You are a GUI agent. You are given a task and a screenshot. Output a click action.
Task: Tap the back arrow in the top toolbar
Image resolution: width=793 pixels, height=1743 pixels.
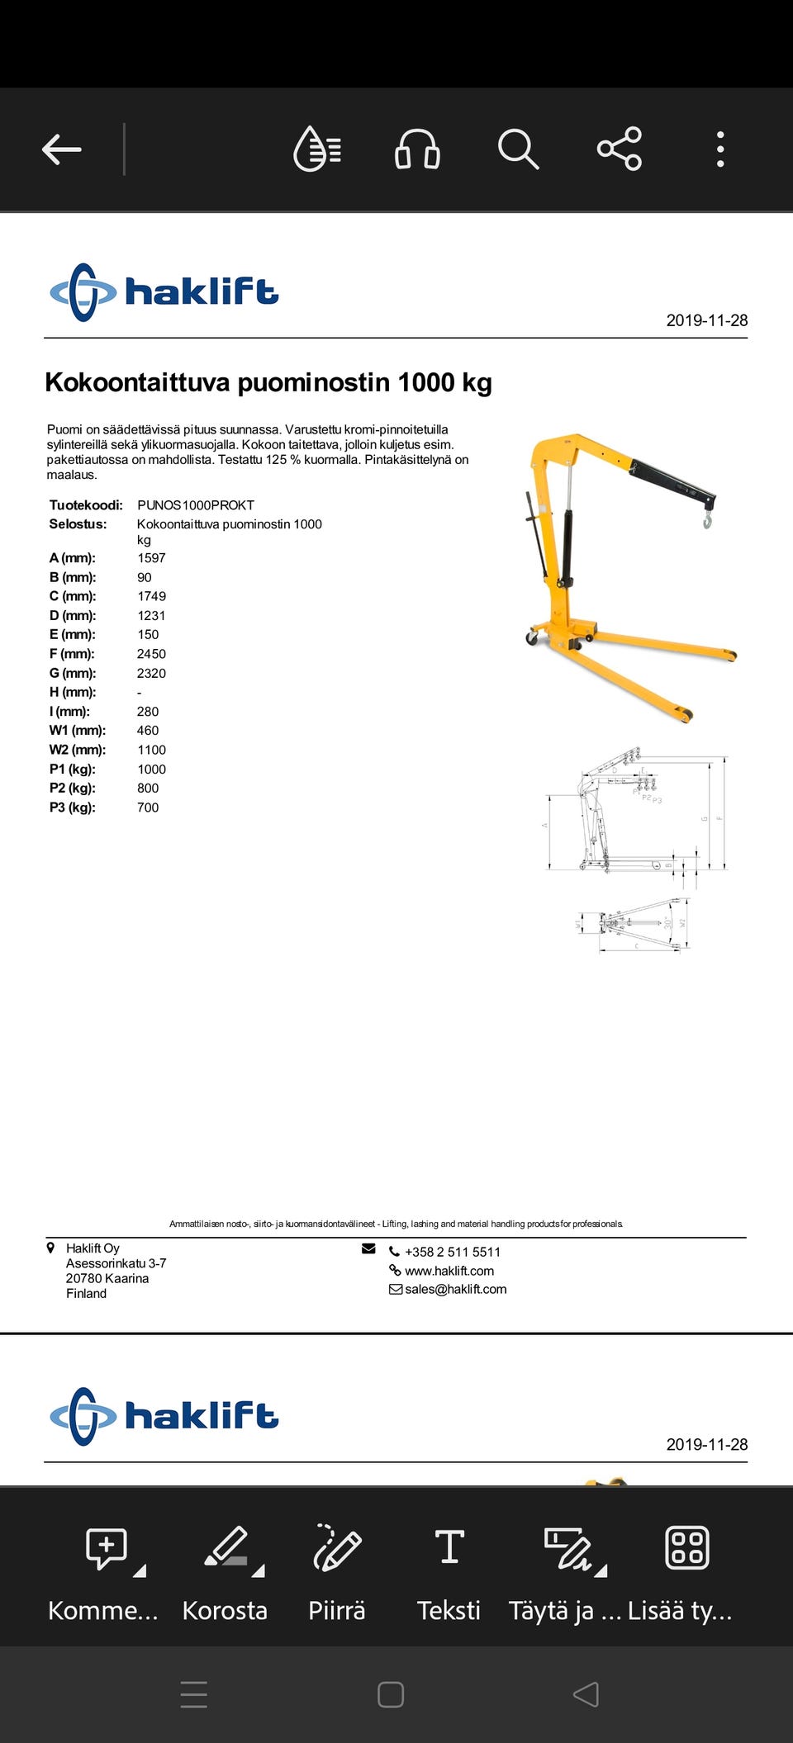[x=62, y=149]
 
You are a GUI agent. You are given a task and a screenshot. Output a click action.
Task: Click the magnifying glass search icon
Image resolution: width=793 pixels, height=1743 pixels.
[x=518, y=149]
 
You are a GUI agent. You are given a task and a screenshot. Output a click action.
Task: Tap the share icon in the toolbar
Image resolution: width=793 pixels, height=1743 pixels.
[x=620, y=149]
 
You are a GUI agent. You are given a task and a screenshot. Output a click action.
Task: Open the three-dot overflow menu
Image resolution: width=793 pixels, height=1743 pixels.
[x=720, y=149]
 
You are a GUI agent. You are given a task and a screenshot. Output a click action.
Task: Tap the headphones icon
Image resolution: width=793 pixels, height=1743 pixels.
[x=417, y=149]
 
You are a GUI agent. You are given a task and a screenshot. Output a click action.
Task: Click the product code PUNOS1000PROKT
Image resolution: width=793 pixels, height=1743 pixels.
[x=196, y=505]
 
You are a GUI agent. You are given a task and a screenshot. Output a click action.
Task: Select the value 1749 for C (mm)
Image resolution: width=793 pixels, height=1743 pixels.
[x=151, y=596]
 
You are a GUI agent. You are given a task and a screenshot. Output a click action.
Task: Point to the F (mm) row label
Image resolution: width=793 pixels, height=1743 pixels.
[x=72, y=654]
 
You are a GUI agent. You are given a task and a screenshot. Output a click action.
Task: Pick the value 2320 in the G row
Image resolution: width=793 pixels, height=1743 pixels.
[x=151, y=673]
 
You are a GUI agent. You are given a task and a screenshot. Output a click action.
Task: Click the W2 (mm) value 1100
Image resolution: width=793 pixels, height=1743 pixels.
[x=151, y=750]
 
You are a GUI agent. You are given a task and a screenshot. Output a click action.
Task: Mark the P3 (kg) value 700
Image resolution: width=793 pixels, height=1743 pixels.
[x=148, y=808]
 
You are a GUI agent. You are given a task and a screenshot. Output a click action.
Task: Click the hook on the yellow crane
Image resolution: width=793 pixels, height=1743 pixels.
[x=707, y=520]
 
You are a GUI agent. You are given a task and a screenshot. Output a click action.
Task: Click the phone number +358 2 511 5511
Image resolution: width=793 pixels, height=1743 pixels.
[x=452, y=1252]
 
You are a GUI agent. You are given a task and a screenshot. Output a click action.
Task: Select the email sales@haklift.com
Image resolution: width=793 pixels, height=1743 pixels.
[x=455, y=1289]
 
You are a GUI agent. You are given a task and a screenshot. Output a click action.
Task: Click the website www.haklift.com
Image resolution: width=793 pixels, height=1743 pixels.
[x=449, y=1271]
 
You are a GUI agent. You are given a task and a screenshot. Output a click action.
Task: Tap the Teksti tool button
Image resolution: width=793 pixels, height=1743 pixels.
[x=449, y=1569]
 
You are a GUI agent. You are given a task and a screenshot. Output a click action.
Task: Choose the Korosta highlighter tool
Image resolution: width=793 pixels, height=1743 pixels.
[x=225, y=1569]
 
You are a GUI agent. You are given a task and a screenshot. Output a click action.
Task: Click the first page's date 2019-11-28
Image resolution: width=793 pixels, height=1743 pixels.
[x=706, y=320]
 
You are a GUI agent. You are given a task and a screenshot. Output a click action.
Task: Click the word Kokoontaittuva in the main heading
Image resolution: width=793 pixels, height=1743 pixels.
[x=137, y=382]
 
